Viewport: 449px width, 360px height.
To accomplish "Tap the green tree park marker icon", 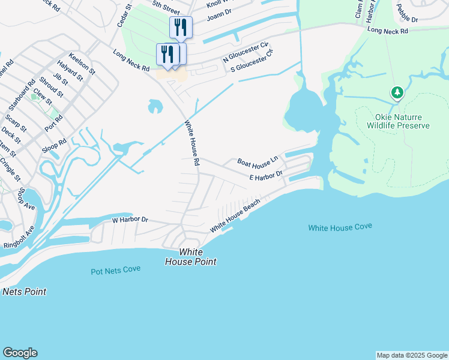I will click(396, 92).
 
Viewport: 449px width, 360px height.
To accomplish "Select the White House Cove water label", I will click(340, 227).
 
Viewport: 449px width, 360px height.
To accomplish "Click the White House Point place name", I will click(191, 257).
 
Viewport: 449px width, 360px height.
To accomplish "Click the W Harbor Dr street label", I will click(130, 220).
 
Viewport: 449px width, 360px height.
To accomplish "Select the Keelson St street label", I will click(82, 63).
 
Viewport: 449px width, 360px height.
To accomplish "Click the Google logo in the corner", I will click(20, 353).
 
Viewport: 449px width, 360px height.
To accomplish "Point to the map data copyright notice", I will click(412, 355).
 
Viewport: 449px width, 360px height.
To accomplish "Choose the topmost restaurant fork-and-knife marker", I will click(181, 26).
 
